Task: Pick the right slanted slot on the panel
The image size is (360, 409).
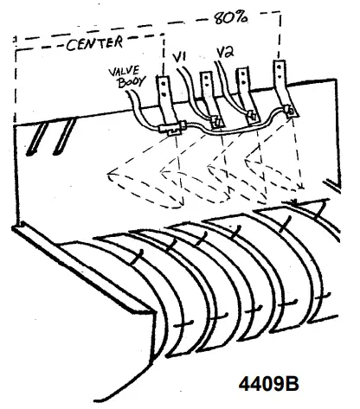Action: click(x=59, y=137)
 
